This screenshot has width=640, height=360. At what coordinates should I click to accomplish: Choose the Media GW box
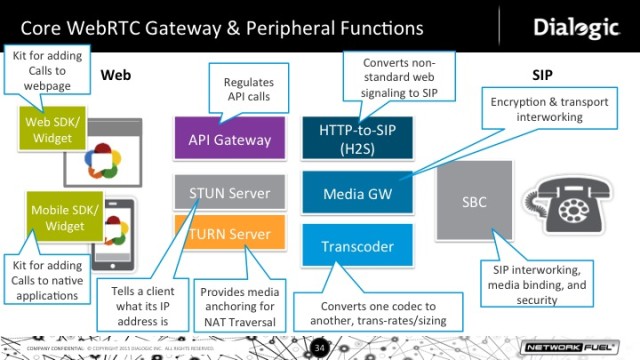(357, 192)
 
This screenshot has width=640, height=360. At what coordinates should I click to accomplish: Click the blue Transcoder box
(357, 245)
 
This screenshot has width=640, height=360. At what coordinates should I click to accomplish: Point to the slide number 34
(320, 347)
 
